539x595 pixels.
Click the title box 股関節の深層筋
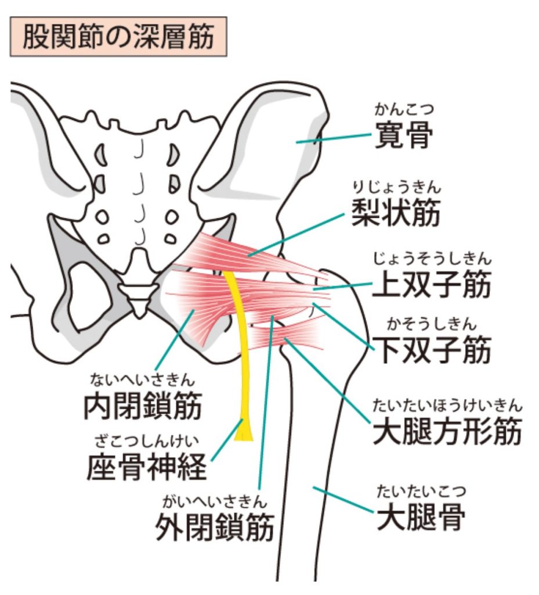[x=118, y=37]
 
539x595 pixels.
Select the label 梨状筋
[x=396, y=213]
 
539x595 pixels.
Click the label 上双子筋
[x=432, y=284]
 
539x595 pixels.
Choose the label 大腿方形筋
[x=447, y=431]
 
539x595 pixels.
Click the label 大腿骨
[x=421, y=517]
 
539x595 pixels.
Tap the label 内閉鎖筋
[x=142, y=405]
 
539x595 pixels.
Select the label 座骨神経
[x=147, y=467]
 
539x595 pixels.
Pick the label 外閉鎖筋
[x=215, y=526]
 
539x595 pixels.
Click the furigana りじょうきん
[x=397, y=188]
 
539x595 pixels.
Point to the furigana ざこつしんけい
[x=147, y=442]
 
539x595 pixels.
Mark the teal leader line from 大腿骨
[x=343, y=499]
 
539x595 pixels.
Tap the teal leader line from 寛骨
[x=334, y=138]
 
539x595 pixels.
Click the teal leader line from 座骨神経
[x=226, y=440]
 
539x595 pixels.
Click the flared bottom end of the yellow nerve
[x=244, y=431]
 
